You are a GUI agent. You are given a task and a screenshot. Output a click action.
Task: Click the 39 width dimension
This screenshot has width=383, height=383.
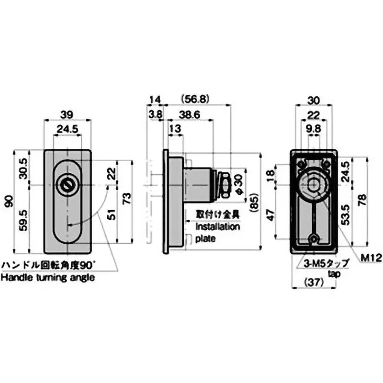click(x=67, y=113)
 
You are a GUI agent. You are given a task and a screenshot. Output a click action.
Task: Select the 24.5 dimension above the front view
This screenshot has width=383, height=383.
click(x=67, y=129)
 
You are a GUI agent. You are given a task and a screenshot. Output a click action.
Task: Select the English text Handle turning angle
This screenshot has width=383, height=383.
click(x=47, y=277)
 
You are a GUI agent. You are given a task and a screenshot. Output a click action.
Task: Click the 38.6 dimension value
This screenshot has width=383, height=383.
click(x=189, y=114)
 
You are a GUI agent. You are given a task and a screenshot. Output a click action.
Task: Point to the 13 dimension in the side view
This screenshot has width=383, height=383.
click(x=175, y=129)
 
